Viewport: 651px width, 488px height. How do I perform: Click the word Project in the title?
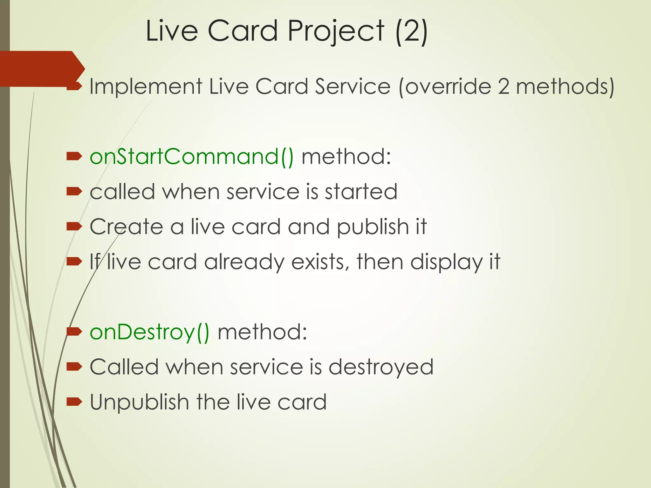tap(336, 31)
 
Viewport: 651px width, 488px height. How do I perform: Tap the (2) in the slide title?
tap(412, 31)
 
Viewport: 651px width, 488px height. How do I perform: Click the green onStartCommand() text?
tap(192, 157)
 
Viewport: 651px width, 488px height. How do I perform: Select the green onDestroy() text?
tap(149, 332)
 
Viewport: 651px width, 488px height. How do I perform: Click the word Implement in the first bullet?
tap(146, 86)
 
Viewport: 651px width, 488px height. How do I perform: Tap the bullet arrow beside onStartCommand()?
tap(74, 156)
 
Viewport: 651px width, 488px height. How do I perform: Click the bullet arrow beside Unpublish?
tap(74, 402)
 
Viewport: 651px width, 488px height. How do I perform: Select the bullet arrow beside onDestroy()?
tap(74, 332)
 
